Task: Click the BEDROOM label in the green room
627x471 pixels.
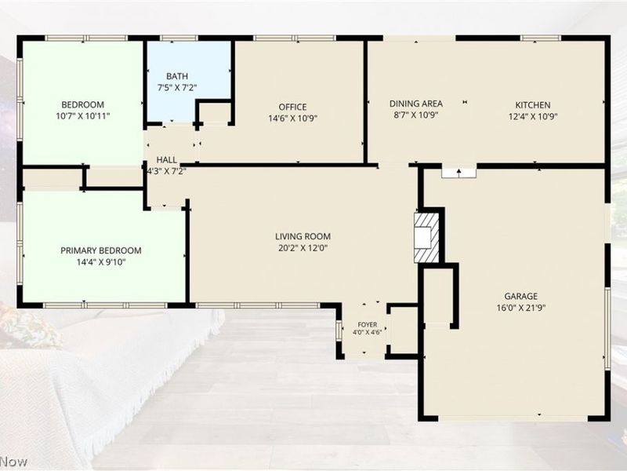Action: coord(83,104)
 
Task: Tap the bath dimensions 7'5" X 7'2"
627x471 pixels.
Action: coord(177,87)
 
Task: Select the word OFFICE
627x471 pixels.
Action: coord(292,107)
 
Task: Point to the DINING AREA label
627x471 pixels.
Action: coord(416,104)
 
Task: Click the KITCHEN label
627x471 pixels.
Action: coord(533,105)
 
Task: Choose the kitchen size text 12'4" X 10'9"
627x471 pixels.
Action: coord(533,116)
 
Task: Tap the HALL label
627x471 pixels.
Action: coord(167,160)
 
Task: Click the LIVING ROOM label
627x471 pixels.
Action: coord(303,236)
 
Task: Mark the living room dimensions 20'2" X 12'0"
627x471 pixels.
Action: coord(303,248)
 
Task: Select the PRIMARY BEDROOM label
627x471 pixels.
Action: coord(101,250)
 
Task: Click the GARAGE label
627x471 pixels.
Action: coord(520,296)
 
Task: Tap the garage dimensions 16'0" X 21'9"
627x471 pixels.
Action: coord(521,308)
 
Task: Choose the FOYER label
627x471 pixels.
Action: coord(367,325)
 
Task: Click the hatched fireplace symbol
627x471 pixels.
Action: coord(426,238)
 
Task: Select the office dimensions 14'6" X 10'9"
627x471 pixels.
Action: coord(293,119)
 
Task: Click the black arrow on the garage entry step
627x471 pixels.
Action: coord(459,172)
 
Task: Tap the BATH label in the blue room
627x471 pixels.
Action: coord(177,76)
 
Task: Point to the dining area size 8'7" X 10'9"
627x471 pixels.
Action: coord(416,115)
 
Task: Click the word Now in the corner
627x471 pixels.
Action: coord(13,462)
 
